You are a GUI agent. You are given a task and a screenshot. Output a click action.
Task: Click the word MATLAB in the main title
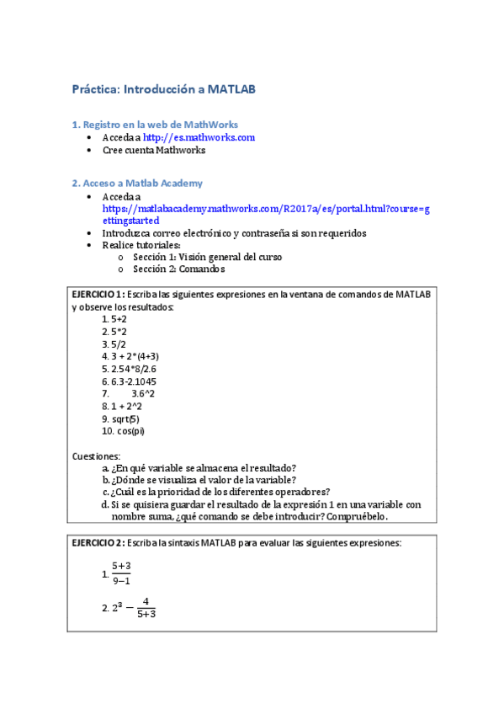[231, 88]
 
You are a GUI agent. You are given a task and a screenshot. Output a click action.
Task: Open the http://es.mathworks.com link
[199, 137]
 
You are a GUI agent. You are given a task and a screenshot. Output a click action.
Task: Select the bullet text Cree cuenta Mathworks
[154, 150]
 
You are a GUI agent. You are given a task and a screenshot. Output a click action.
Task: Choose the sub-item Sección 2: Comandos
[179, 269]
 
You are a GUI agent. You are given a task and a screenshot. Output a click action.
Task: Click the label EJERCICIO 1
[98, 294]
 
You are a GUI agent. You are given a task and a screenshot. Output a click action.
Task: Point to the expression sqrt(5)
[125, 418]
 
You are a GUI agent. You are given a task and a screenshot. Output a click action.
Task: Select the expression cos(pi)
[130, 431]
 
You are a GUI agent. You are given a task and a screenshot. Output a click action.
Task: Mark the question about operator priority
[221, 492]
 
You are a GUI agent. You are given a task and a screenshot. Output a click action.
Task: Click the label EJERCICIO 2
[98, 543]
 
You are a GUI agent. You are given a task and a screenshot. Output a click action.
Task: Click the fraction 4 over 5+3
[146, 607]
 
